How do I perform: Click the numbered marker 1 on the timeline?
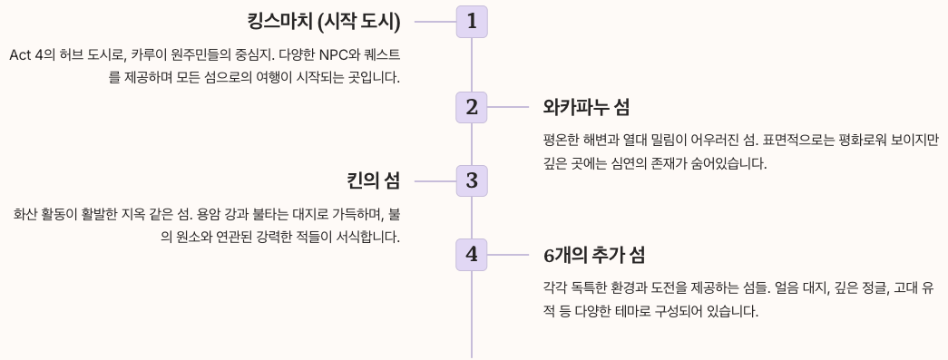click(x=472, y=21)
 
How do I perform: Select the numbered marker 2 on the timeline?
click(x=472, y=107)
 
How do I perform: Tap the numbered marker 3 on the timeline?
click(x=472, y=180)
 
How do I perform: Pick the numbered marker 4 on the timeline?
click(x=472, y=255)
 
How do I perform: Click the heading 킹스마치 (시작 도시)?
click(x=323, y=21)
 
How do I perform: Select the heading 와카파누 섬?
click(x=586, y=107)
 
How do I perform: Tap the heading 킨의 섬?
click(x=373, y=180)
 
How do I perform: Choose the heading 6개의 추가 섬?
click(x=594, y=255)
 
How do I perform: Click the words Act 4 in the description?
click(x=28, y=55)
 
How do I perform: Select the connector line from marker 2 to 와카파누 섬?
click(x=508, y=107)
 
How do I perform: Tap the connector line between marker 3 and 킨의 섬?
click(x=435, y=180)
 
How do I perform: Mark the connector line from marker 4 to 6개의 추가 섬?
click(x=508, y=255)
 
